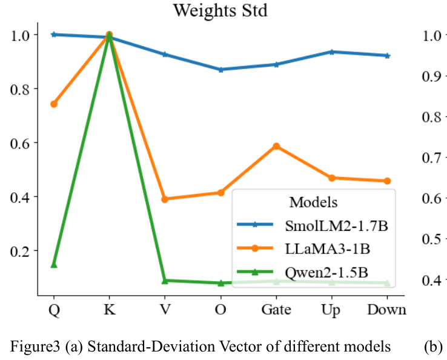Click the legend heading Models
click(313, 202)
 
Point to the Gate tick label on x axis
click(276, 310)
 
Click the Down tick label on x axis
click(386, 310)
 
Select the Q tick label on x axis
click(54, 310)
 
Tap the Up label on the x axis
click(331, 310)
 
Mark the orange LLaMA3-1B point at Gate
click(276, 146)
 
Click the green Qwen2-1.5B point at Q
click(54, 264)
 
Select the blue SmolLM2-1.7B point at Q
click(54, 35)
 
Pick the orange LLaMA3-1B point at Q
click(54, 104)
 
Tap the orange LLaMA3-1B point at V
click(165, 199)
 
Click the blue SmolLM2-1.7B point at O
click(220, 70)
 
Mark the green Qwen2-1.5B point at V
click(165, 280)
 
